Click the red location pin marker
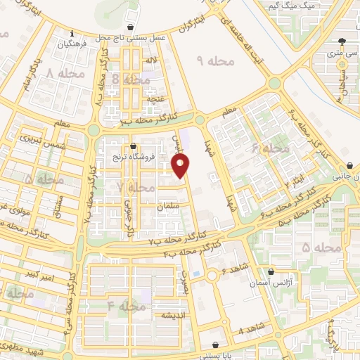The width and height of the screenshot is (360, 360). click(181, 167)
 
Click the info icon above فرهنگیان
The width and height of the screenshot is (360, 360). click(72, 32)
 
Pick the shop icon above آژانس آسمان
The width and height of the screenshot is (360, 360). click(271, 271)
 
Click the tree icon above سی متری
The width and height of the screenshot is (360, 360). click(342, 42)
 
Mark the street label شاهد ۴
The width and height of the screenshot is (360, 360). click(251, 328)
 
